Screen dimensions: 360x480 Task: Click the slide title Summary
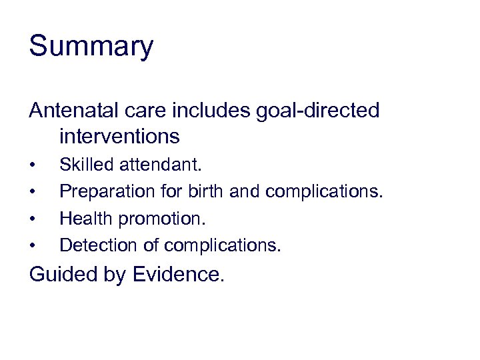coord(91,47)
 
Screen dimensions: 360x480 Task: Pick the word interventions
coord(119,137)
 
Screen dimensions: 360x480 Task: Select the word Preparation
coord(107,192)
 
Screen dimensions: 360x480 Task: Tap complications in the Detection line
coord(223,245)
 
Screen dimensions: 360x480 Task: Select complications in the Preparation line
coord(325,192)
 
